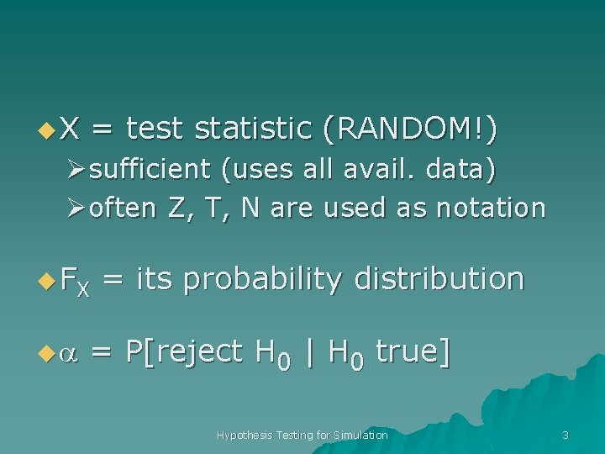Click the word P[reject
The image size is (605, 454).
184,351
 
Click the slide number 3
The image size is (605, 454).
566,435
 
